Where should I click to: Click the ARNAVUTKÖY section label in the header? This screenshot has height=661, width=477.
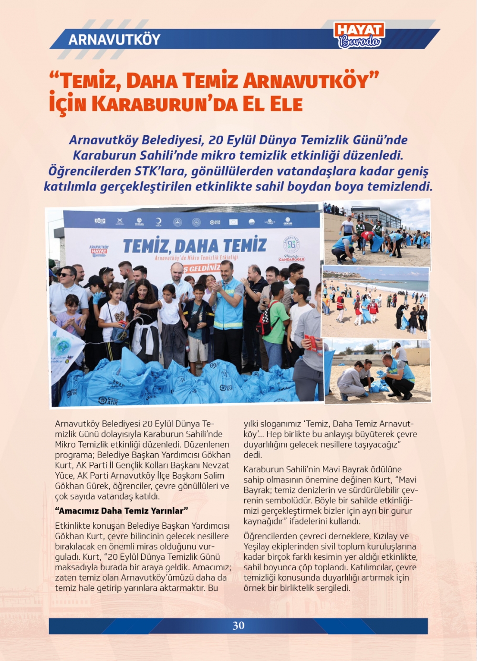pyautogui.click(x=114, y=39)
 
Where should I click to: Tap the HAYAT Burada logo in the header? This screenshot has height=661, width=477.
pyautogui.click(x=359, y=35)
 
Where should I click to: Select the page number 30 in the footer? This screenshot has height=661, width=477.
pyautogui.click(x=238, y=626)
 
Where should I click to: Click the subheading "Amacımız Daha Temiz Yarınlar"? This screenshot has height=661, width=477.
pyautogui.click(x=122, y=511)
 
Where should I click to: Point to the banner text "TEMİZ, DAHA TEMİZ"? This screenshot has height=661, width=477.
pyautogui.click(x=195, y=245)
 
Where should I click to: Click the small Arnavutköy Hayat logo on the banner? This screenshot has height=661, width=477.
pyautogui.click(x=99, y=251)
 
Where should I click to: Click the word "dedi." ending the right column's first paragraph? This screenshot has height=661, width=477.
pyautogui.click(x=253, y=455)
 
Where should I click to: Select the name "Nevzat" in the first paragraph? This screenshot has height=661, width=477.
pyautogui.click(x=215, y=465)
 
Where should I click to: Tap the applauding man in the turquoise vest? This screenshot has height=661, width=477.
pyautogui.click(x=228, y=306)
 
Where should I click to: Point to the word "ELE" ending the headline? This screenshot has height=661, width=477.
pyautogui.click(x=286, y=104)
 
